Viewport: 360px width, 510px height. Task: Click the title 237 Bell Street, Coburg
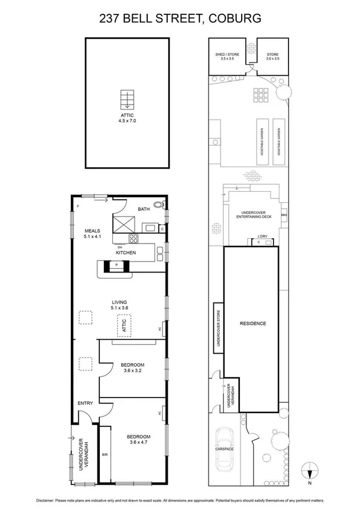[x=180, y=19]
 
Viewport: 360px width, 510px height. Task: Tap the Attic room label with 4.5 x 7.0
[x=127, y=118]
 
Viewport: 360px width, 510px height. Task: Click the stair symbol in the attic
[x=127, y=99]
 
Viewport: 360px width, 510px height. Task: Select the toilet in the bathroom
[x=159, y=205]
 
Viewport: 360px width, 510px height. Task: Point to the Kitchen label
[x=126, y=253]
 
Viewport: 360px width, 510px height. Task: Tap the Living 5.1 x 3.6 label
[x=120, y=304]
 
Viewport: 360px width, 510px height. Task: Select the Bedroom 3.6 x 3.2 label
[x=132, y=367]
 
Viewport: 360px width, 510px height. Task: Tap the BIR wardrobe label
[x=105, y=455]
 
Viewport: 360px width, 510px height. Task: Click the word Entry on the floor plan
[x=84, y=403]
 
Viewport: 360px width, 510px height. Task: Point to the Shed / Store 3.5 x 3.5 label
[x=227, y=57]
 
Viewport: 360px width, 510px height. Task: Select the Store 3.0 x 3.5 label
[x=273, y=57]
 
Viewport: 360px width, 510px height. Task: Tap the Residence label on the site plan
[x=252, y=324]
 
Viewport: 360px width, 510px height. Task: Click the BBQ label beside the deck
[x=284, y=215]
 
